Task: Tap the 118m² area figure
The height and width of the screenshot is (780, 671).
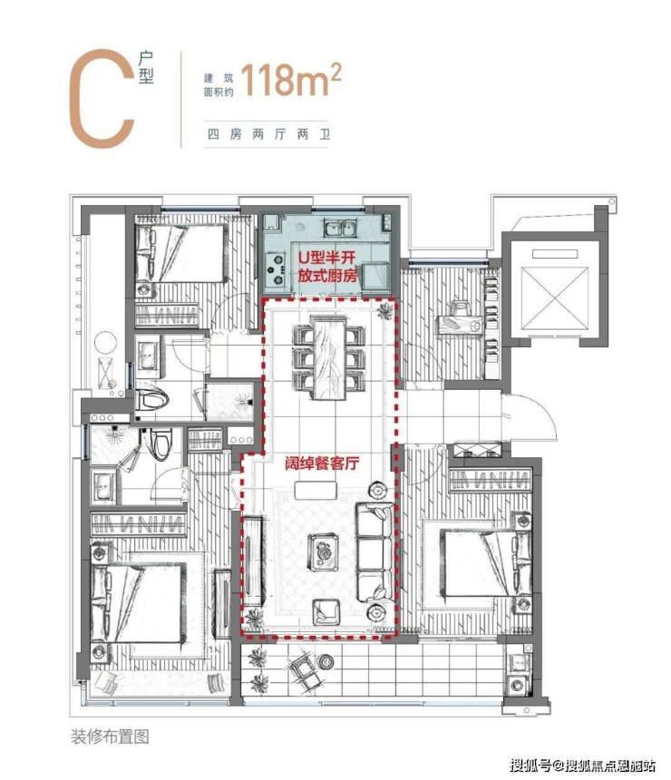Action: (291, 80)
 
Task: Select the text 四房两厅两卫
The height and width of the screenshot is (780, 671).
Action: (268, 134)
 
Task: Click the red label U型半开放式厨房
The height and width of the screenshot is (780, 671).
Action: (327, 266)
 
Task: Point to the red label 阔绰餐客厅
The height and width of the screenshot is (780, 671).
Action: (322, 463)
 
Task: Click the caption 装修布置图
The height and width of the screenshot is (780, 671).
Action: (110, 736)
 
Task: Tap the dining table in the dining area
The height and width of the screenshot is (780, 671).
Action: (328, 357)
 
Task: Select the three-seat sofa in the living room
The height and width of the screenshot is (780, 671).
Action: (374, 552)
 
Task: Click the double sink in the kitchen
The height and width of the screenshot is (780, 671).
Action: (340, 229)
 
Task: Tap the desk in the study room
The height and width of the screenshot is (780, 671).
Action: (460, 325)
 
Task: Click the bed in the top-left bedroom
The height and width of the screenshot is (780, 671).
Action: (182, 254)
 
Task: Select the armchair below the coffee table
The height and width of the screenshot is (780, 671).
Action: (326, 612)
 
